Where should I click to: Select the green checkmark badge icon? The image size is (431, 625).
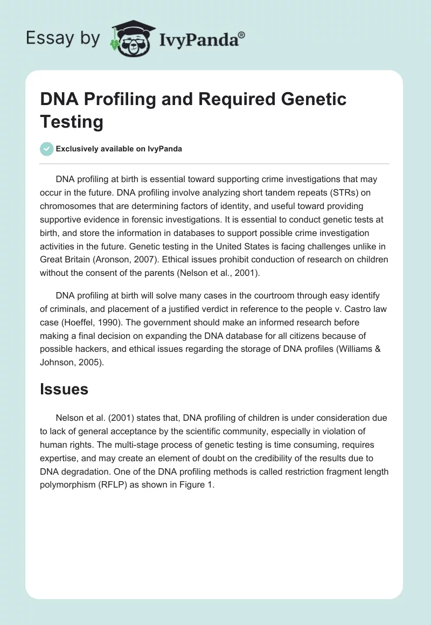coord(47,149)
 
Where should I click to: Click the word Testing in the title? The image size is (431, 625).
coord(71,122)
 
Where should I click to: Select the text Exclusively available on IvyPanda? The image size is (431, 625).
coord(119,149)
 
